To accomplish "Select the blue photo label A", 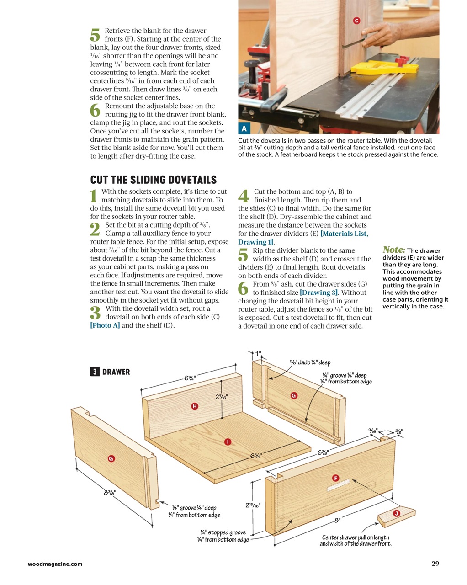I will pyautogui.click(x=244, y=129).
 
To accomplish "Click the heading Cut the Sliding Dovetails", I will pyautogui.click(x=153, y=180).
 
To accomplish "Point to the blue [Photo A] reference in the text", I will pyautogui.click(x=105, y=325).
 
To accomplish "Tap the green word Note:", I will pyautogui.click(x=393, y=250).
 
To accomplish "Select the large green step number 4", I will pyautogui.click(x=244, y=196).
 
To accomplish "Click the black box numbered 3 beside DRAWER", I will pyautogui.click(x=94, y=372).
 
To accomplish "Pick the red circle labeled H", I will pyautogui.click(x=195, y=406).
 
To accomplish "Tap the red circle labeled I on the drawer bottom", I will pyautogui.click(x=228, y=441).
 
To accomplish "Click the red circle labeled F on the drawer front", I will pyautogui.click(x=335, y=478).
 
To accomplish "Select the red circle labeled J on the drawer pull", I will pyautogui.click(x=397, y=514).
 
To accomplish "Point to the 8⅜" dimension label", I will pyautogui.click(x=108, y=492).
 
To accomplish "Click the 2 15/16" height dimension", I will pyautogui.click(x=253, y=505).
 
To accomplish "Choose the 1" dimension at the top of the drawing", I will pyautogui.click(x=258, y=353).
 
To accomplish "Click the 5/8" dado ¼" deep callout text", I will pyautogui.click(x=310, y=362).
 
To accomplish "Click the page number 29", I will pyautogui.click(x=435, y=564).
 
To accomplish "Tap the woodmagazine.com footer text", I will pyautogui.click(x=55, y=564).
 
